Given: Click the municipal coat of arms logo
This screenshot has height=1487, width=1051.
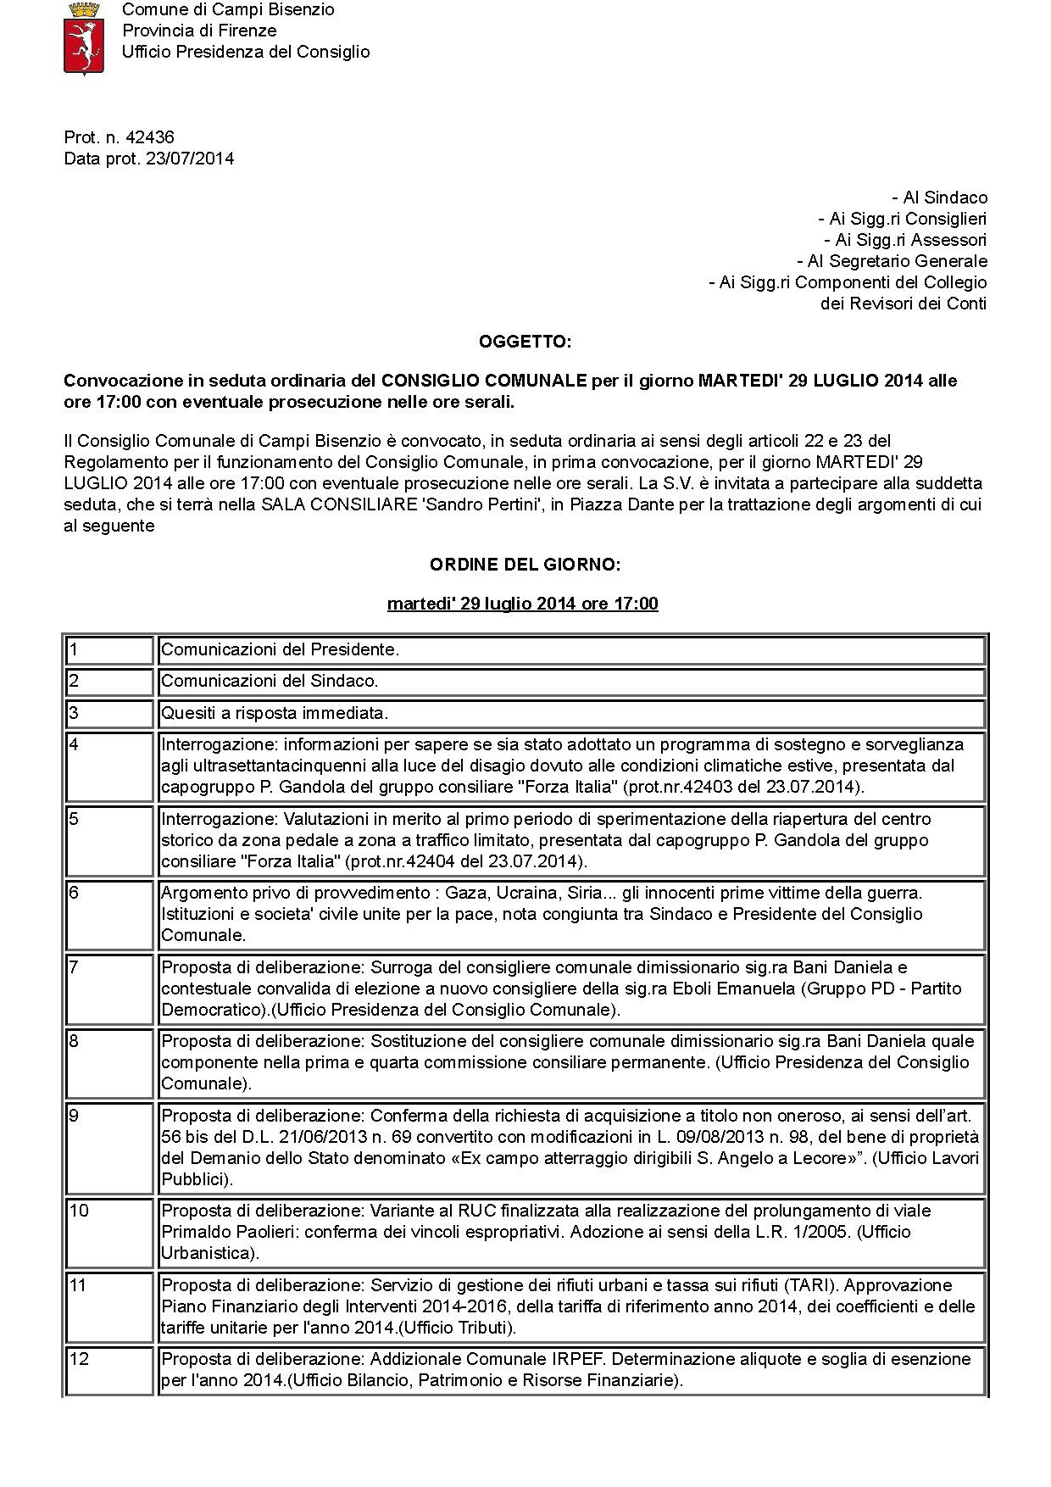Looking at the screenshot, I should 83,38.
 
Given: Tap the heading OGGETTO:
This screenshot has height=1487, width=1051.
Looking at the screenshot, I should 525,342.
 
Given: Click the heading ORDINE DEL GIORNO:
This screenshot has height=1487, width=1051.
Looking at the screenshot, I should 525,565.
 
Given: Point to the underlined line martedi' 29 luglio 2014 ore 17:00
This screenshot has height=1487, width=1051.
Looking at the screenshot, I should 522,604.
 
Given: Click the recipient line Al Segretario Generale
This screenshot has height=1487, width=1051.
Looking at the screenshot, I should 893,261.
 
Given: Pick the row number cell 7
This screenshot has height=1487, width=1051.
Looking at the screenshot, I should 109,988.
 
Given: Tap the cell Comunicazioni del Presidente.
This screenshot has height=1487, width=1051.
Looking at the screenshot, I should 280,649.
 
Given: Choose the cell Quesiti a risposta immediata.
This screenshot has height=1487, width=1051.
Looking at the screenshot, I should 275,713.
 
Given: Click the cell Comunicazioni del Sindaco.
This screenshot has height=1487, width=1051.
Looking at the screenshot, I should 270,681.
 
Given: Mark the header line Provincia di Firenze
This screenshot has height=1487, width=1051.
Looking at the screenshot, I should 199,31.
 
